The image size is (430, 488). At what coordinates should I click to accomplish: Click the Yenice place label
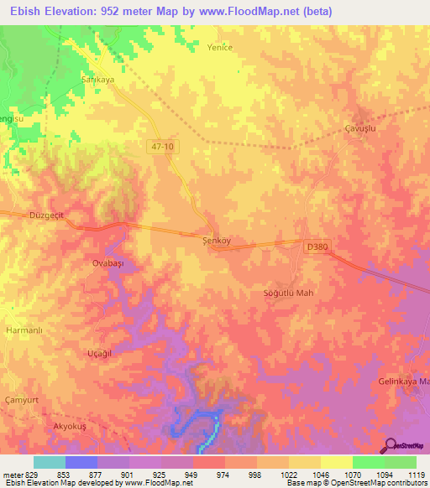click(219, 48)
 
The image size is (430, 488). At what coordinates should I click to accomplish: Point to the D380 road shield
click(317, 247)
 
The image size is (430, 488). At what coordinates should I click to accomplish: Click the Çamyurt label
click(23, 399)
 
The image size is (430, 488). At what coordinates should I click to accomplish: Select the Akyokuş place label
click(71, 428)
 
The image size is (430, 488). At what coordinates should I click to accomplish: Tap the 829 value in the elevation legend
click(27, 475)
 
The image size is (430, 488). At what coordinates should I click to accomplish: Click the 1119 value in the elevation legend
click(417, 475)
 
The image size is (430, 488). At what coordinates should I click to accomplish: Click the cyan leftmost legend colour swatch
click(50, 462)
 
